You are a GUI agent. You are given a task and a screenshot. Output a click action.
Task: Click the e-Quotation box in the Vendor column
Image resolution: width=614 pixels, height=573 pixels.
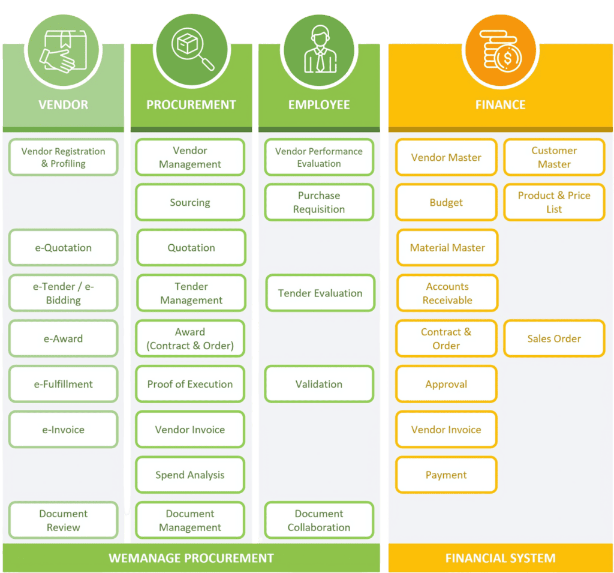[x=63, y=248]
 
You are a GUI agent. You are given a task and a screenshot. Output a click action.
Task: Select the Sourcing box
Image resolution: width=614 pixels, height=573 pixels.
[x=190, y=203]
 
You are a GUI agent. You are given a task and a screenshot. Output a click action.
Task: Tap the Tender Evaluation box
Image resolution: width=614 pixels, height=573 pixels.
[x=320, y=293]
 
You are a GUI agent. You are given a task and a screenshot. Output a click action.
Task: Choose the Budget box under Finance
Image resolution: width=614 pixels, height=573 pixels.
[x=446, y=203]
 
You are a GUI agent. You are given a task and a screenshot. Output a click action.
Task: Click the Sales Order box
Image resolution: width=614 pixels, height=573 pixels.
[x=554, y=339]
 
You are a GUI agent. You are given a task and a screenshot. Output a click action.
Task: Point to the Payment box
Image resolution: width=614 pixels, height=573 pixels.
[x=446, y=475]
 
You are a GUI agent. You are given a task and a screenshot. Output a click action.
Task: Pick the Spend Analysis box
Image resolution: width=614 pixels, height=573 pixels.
[x=190, y=475]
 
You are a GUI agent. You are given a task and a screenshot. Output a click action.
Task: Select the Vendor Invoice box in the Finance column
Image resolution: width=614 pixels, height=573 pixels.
[x=446, y=430]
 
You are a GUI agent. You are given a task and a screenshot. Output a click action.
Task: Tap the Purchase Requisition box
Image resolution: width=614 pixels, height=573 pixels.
[x=319, y=203]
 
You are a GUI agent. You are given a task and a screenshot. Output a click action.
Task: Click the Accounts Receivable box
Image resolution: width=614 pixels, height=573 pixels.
[x=447, y=293]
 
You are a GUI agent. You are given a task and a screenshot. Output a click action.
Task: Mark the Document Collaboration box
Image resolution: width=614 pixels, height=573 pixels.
[x=319, y=521]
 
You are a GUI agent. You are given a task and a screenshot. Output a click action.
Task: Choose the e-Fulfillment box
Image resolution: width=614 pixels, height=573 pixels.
[x=63, y=385]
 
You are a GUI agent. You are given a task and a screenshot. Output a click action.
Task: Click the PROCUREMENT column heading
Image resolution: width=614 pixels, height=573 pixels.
[x=191, y=105]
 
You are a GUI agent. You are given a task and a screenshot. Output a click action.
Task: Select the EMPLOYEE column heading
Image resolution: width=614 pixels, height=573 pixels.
[x=319, y=105]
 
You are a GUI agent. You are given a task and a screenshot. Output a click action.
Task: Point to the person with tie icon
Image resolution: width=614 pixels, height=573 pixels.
[x=319, y=50]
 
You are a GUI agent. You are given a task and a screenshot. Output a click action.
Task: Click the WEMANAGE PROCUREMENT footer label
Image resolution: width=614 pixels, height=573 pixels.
[x=191, y=559]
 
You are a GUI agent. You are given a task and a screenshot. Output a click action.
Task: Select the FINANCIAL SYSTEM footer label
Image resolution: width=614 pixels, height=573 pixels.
[x=500, y=559]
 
